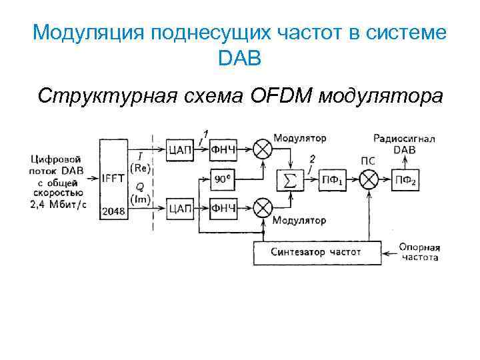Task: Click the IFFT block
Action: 113,179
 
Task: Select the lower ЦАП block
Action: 181,209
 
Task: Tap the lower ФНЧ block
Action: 223,209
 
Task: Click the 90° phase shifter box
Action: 223,178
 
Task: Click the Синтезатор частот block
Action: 316,253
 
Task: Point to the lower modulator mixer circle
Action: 263,209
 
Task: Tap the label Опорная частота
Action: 419,252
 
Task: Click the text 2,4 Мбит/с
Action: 58,204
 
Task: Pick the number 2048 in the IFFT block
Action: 113,211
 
